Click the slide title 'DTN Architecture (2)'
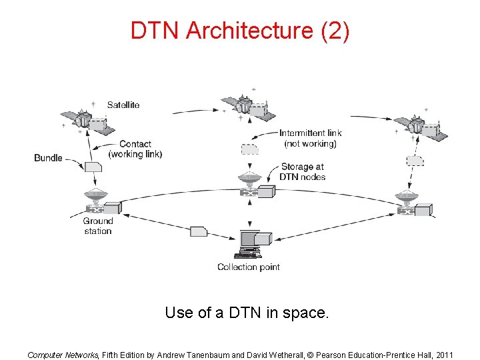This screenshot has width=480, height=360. click(239, 31)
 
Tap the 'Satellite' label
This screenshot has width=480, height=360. click(123, 105)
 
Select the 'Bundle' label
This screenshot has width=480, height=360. click(48, 158)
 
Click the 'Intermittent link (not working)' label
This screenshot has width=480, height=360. click(311, 138)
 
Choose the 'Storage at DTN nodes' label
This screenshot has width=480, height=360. click(303, 171)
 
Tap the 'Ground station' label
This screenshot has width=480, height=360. click(97, 226)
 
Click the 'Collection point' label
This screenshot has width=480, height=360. click(249, 267)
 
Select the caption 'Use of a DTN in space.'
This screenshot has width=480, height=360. click(247, 312)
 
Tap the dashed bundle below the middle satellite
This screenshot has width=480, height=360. click(249, 149)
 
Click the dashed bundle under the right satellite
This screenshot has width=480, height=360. click(415, 160)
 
